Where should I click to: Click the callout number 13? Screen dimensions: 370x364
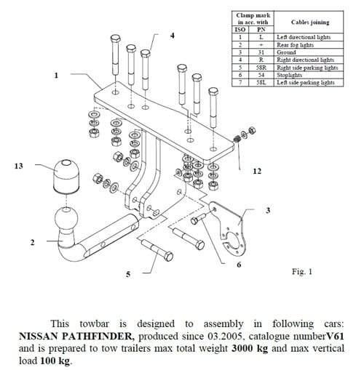pyautogui.click(x=18, y=166)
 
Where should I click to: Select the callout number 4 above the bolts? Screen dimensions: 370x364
pyautogui.click(x=173, y=35)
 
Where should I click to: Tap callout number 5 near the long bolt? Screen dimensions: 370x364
pyautogui.click(x=127, y=275)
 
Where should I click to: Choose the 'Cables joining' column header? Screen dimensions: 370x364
pyautogui.click(x=306, y=22)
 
